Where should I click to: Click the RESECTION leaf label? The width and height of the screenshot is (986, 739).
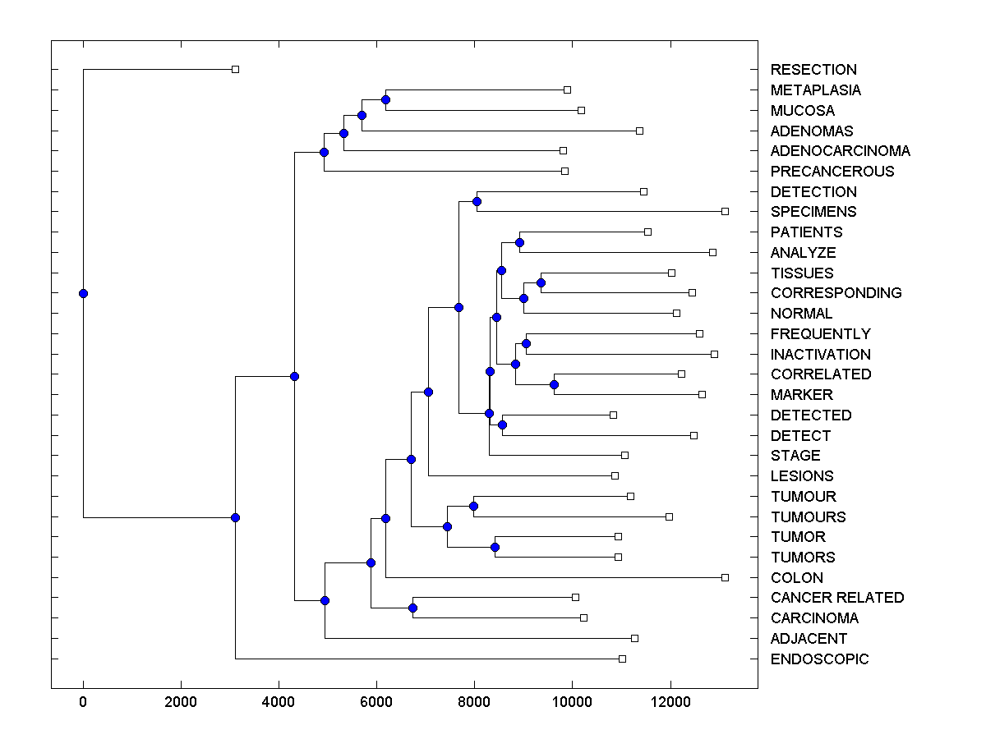pyautogui.click(x=813, y=70)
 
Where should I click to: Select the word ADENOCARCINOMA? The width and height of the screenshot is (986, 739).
pyautogui.click(x=840, y=151)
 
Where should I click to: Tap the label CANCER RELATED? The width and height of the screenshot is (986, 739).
pyautogui.click(x=836, y=598)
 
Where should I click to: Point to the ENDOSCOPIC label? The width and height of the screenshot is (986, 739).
pyautogui.click(x=819, y=659)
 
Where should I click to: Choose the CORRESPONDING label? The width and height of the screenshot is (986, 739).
pyautogui.click(x=836, y=293)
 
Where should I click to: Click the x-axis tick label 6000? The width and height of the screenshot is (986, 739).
pyautogui.click(x=376, y=701)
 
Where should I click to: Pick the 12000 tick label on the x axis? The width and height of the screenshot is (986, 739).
pyautogui.click(x=670, y=701)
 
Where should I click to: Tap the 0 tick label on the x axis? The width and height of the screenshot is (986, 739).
pyautogui.click(x=83, y=701)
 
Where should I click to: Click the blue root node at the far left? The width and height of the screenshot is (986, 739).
pyautogui.click(x=83, y=293)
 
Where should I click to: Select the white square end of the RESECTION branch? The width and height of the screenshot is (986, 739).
pyautogui.click(x=235, y=70)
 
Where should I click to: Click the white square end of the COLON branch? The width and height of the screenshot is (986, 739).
pyautogui.click(x=725, y=577)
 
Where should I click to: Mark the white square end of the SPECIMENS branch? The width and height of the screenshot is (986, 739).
pyautogui.click(x=725, y=212)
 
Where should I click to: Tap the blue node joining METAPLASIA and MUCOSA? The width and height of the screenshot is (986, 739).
pyautogui.click(x=385, y=99)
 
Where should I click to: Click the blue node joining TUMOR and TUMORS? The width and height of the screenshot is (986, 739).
pyautogui.click(x=495, y=547)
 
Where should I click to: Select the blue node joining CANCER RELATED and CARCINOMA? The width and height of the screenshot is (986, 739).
pyautogui.click(x=412, y=608)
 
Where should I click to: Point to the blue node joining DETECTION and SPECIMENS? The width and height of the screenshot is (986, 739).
pyautogui.click(x=477, y=201)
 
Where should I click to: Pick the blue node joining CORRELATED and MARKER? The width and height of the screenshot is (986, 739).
pyautogui.click(x=554, y=384)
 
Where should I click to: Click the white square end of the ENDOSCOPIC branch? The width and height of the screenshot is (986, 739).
pyautogui.click(x=622, y=659)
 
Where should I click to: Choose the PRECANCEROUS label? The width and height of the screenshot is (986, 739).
pyautogui.click(x=832, y=172)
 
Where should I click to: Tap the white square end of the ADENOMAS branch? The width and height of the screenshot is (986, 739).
pyautogui.click(x=639, y=131)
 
